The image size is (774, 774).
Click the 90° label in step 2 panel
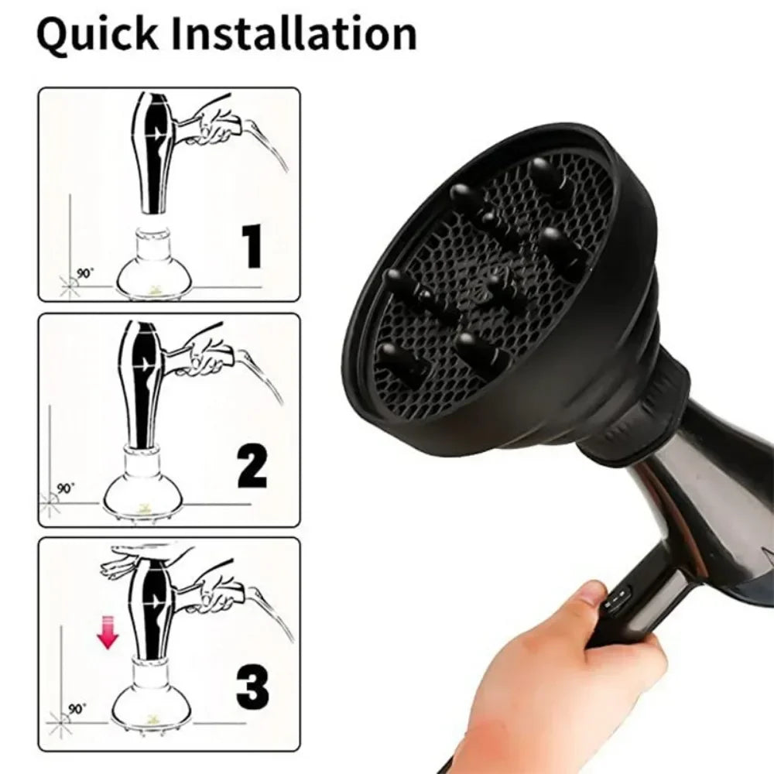[67, 488]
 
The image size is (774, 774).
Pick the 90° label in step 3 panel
[77, 708]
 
